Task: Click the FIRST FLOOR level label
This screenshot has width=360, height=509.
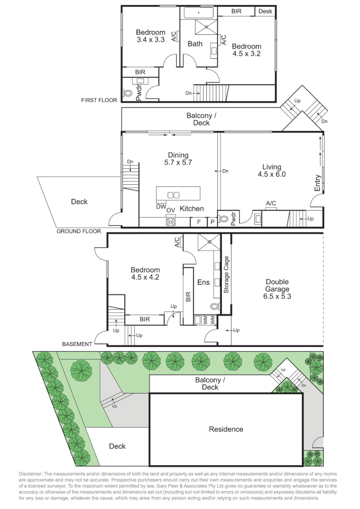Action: (99, 100)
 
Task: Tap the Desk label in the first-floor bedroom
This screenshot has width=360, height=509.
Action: (265, 11)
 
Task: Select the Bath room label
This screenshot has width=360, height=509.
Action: (195, 44)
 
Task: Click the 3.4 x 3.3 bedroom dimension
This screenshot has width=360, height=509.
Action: (151, 40)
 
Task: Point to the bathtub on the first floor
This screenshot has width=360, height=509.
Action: (199, 13)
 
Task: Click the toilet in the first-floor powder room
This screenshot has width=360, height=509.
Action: (128, 93)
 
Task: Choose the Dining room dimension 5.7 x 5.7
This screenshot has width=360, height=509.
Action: (178, 162)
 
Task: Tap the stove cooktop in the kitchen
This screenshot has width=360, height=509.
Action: (171, 222)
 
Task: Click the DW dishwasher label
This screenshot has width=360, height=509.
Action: (161, 206)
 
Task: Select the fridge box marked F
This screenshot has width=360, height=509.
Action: (199, 222)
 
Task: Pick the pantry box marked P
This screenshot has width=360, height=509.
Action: (213, 222)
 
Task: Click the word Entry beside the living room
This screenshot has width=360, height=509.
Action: (317, 183)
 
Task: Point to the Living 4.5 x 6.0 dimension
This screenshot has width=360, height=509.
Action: (272, 174)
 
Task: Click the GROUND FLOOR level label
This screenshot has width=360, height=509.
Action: (79, 231)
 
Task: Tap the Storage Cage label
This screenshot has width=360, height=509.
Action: (226, 275)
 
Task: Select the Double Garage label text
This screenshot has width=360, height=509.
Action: (277, 285)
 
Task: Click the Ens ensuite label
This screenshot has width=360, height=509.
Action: (204, 282)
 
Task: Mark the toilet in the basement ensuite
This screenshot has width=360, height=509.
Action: (214, 306)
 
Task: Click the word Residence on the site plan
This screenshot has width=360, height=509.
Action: (226, 429)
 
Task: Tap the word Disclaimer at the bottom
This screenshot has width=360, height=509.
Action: (30, 474)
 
